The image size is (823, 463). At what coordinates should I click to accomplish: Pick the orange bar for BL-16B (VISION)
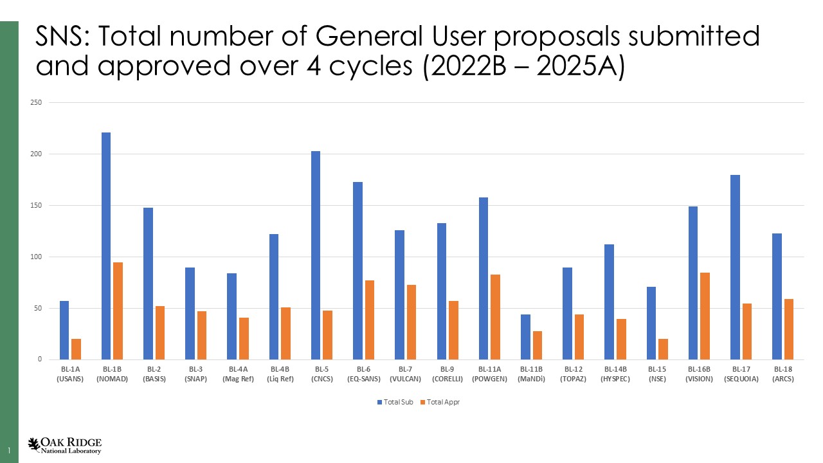tap(705, 316)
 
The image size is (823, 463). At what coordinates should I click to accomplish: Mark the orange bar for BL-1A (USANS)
tap(76, 349)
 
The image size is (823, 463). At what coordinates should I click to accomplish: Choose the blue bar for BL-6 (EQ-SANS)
tap(357, 271)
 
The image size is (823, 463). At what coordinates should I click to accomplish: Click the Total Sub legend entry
tap(395, 402)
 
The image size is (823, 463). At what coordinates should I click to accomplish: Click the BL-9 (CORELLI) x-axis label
tap(448, 374)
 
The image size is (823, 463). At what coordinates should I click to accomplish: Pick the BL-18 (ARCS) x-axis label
tap(782, 374)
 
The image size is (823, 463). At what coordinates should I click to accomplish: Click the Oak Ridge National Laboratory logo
tap(64, 446)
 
